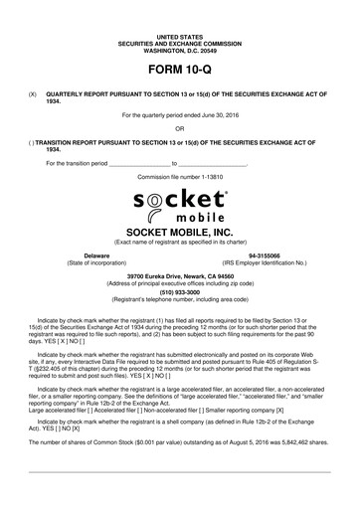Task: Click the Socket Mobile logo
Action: [180, 206]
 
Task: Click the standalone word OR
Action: [180, 127]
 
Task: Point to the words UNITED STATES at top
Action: [180, 34]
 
